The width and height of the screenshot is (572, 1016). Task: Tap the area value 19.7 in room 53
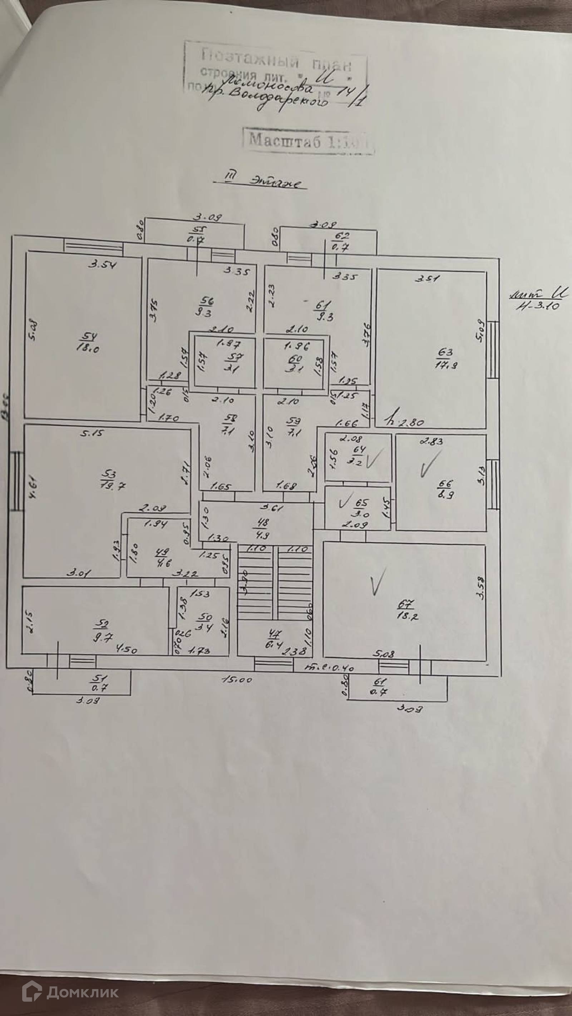click(x=113, y=485)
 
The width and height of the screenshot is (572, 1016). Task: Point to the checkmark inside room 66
click(x=430, y=463)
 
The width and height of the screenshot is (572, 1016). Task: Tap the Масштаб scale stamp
click(x=308, y=140)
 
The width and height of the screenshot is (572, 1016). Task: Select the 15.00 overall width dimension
click(x=237, y=679)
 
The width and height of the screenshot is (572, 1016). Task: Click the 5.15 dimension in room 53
click(x=92, y=433)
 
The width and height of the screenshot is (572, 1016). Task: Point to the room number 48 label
click(x=262, y=523)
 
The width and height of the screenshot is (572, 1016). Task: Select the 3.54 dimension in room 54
click(x=102, y=265)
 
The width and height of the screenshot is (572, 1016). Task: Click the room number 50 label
click(x=206, y=617)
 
